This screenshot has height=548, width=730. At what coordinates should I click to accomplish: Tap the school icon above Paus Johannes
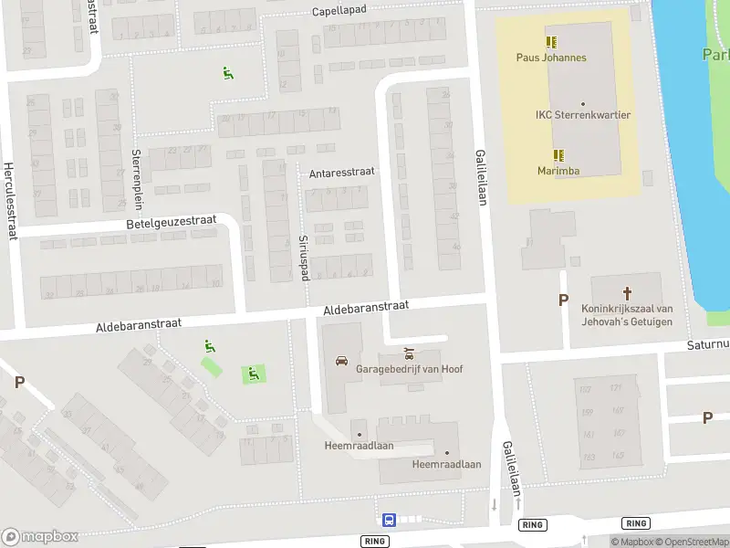click(x=551, y=42)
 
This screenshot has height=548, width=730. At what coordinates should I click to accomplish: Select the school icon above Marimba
click(x=558, y=155)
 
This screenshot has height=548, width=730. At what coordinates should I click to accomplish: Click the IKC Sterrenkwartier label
click(x=583, y=115)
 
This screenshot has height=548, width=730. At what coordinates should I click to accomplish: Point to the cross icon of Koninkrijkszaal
click(x=627, y=293)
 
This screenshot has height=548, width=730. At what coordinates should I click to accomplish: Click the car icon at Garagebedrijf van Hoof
click(x=341, y=360)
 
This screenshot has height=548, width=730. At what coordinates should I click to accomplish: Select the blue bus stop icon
click(x=389, y=520)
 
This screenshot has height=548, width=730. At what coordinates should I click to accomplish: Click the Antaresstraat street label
click(x=343, y=171)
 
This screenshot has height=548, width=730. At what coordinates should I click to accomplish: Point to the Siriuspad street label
click(x=304, y=256)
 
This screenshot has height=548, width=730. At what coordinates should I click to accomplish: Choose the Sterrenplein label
click(x=136, y=178)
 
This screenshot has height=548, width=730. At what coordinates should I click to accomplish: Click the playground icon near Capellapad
click(x=227, y=73)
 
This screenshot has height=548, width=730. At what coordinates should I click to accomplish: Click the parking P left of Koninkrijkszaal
click(x=563, y=300)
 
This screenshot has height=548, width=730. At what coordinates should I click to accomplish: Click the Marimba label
click(x=558, y=171)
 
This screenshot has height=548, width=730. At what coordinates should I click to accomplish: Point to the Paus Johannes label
click(x=551, y=58)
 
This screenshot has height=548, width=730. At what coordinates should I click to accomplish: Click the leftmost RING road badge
click(x=374, y=541)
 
